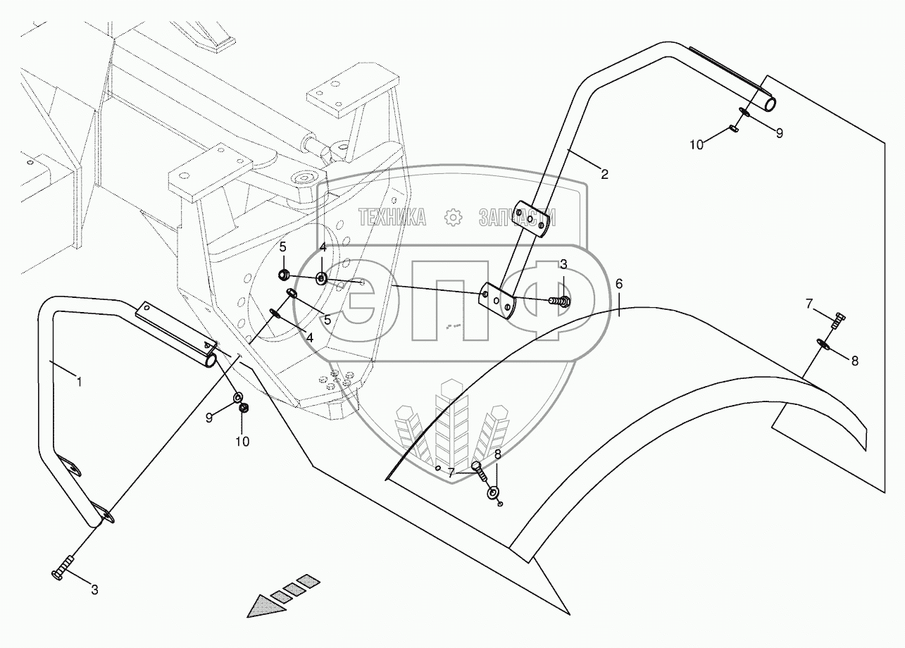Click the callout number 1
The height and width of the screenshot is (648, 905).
tap(80, 382)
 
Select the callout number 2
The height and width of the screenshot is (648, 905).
tap(604, 174)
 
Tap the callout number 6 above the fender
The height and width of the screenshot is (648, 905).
tap(619, 285)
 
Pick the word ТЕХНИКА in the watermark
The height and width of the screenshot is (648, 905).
tap(392, 218)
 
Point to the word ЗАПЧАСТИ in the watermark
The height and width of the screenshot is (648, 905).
tap(517, 218)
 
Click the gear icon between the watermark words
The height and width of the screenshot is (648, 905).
tap(453, 218)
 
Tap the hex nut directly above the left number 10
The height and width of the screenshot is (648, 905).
tap(244, 408)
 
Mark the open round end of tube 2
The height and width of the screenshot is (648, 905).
tap(769, 104)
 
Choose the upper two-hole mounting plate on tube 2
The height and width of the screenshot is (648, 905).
tap(530, 218)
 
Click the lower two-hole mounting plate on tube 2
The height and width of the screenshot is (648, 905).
tap(498, 299)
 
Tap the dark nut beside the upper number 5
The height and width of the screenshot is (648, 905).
tap(284, 274)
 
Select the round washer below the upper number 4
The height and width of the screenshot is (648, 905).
tap(321, 278)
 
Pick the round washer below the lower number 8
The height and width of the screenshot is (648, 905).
tap(491, 491)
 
